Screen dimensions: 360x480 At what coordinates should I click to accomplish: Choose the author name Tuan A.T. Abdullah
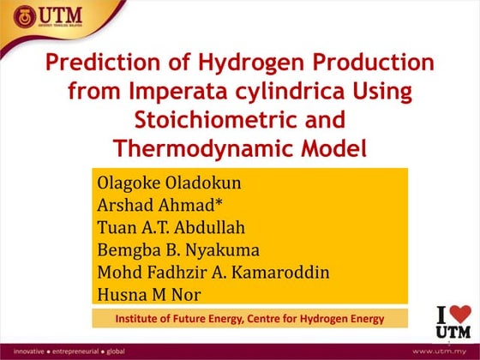[x=175, y=228]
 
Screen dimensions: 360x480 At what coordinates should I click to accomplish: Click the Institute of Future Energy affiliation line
[x=250, y=319]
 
